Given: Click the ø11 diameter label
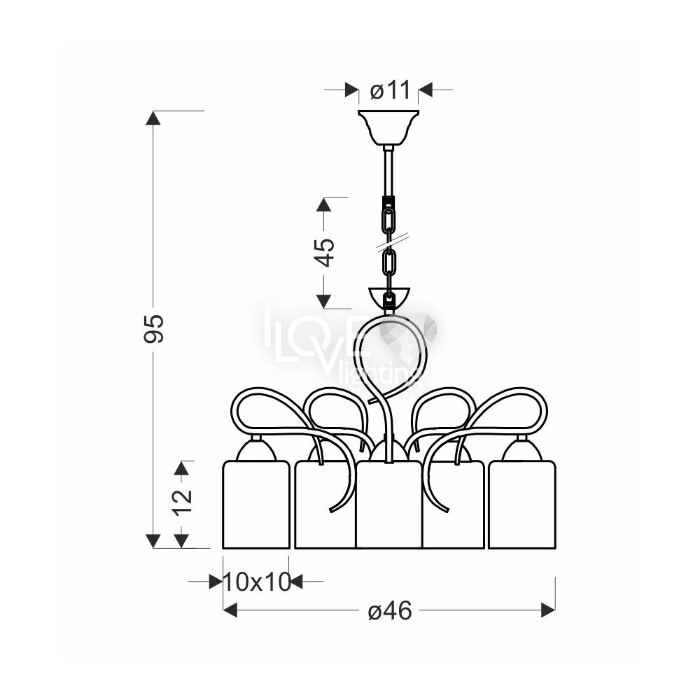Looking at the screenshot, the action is (x=390, y=90).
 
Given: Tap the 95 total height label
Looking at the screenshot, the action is (x=154, y=329).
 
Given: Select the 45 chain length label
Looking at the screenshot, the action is (x=325, y=253).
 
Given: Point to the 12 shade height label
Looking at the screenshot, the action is (x=183, y=502).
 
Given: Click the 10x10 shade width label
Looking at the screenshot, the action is (x=257, y=582).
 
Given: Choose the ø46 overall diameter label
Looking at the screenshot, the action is (x=390, y=610).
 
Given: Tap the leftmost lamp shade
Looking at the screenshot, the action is (x=255, y=505).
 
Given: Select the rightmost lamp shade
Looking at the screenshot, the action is (x=522, y=505).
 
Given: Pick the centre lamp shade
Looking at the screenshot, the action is (x=388, y=505).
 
